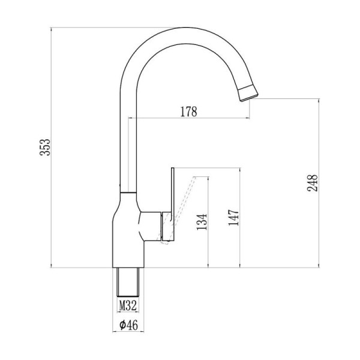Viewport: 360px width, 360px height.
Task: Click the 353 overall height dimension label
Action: click(x=45, y=147)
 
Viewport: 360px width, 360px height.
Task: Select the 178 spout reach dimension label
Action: click(x=188, y=112)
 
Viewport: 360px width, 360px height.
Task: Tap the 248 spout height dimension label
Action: click(x=312, y=183)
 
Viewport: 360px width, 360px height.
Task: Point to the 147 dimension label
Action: click(x=234, y=217)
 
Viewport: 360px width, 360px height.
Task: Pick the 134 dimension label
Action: click(x=202, y=222)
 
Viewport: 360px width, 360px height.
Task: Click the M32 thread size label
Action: click(x=128, y=305)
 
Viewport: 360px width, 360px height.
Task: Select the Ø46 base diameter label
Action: click(x=128, y=325)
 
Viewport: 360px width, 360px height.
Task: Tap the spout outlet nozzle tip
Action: click(x=248, y=93)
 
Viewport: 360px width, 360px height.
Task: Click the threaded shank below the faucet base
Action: click(x=128, y=282)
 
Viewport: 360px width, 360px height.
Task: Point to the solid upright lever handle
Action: click(x=173, y=205)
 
